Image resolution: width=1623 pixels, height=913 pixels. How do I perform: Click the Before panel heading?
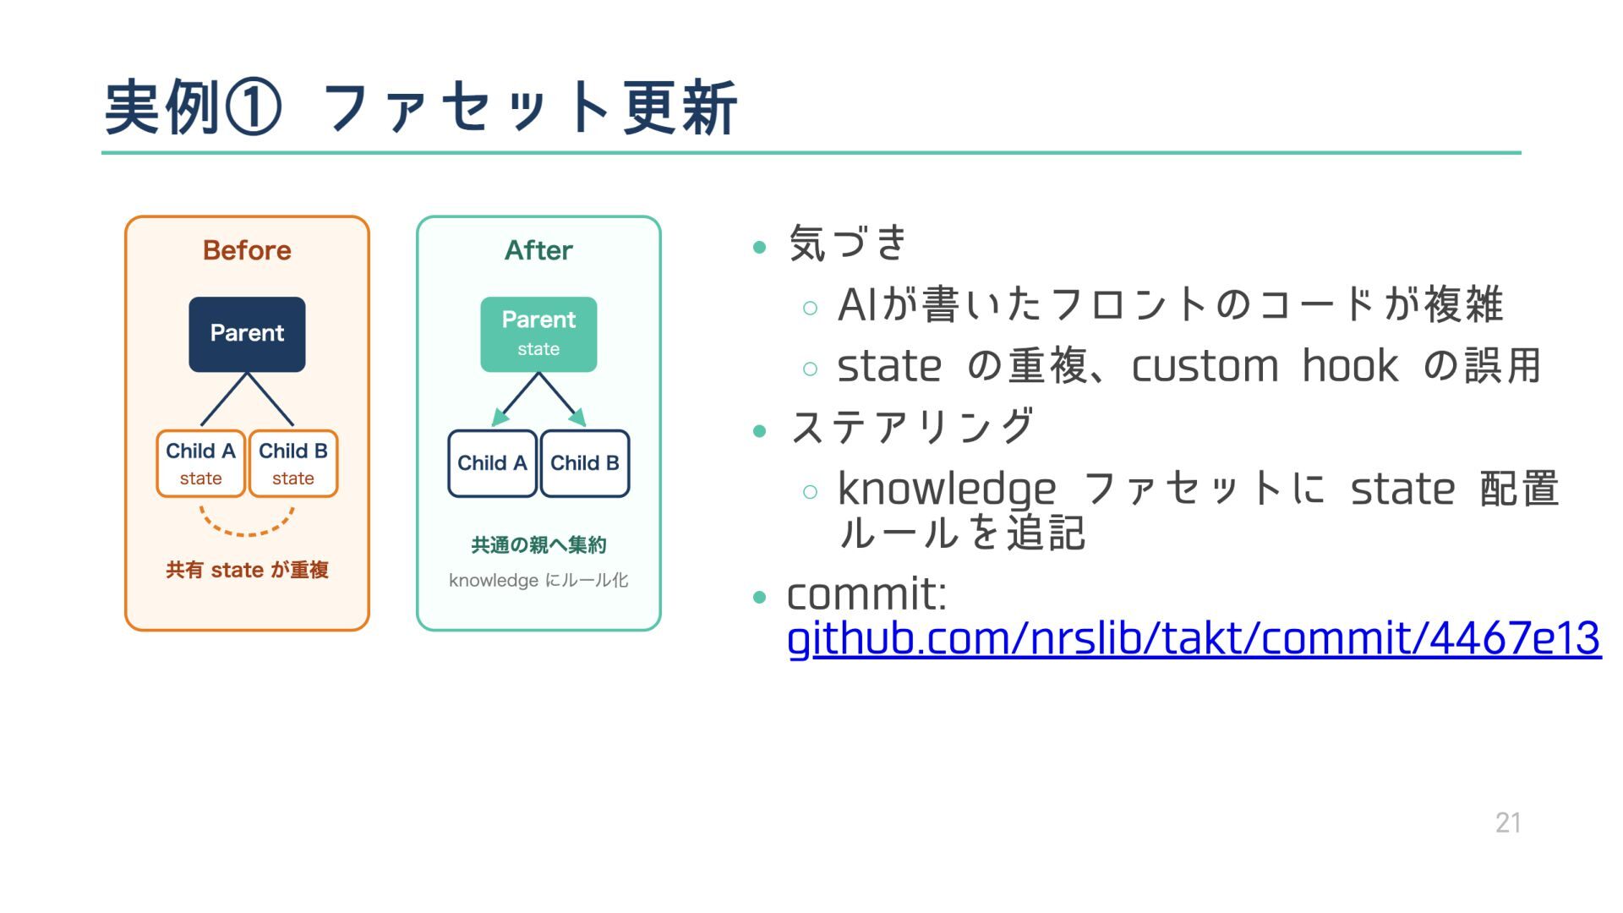click(x=247, y=250)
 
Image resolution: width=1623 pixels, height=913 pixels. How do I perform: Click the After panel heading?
click(x=538, y=250)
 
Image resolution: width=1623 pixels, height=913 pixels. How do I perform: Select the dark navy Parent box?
click(x=247, y=334)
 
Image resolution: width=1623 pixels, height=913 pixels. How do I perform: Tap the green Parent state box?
click(x=538, y=334)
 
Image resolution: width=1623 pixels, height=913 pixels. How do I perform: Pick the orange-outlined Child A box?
click(x=200, y=463)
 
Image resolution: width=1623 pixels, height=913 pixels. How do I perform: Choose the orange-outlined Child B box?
click(x=293, y=463)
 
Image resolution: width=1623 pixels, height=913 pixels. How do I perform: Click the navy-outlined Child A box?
click(x=492, y=463)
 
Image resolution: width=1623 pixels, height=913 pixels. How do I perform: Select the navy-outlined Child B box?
click(x=585, y=463)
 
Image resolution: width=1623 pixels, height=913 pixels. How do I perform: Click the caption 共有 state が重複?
click(x=247, y=570)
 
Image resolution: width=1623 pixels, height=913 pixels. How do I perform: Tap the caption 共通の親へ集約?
click(x=538, y=545)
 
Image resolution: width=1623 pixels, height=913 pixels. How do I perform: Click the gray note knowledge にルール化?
click(x=538, y=580)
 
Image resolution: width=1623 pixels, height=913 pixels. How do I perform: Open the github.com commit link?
click(x=1194, y=638)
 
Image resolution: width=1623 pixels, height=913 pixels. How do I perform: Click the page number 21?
click(x=1508, y=823)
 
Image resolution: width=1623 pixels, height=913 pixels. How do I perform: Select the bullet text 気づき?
click(x=848, y=243)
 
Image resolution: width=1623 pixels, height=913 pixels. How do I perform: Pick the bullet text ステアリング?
click(x=912, y=426)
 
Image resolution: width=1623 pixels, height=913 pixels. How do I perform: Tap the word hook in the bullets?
click(x=1350, y=366)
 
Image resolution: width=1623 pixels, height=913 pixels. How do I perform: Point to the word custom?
click(x=1205, y=367)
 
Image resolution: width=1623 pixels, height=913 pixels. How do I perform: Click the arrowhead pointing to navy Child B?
click(x=578, y=417)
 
